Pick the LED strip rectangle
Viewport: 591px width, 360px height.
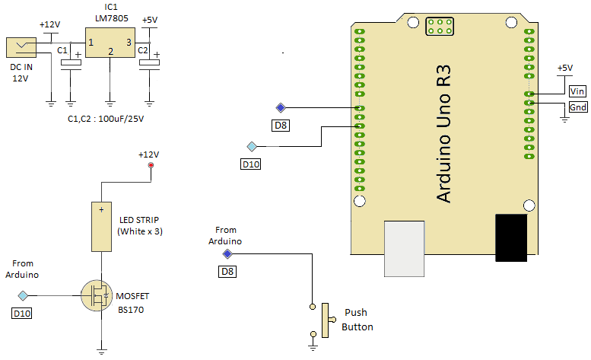(x=101, y=226)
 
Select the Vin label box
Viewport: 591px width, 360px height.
(x=578, y=91)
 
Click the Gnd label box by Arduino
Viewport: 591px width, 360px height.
(x=578, y=108)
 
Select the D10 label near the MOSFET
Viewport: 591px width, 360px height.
(x=23, y=313)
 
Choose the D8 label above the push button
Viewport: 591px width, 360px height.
(x=227, y=271)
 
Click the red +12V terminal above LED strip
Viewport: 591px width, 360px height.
(x=150, y=165)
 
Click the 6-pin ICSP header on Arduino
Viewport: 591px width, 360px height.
(x=439, y=28)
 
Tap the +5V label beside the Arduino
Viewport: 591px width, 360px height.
(x=564, y=68)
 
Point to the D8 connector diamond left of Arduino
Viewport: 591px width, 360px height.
(x=280, y=107)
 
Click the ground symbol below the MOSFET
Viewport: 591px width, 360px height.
(x=101, y=351)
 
